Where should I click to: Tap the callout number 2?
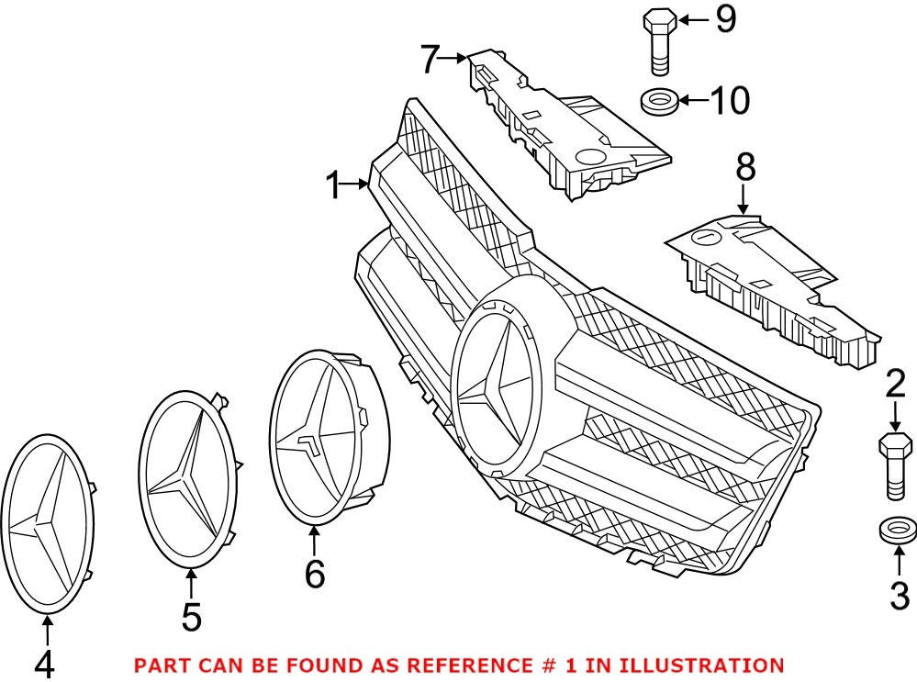pyautogui.click(x=895, y=385)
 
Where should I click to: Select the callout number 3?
pyautogui.click(x=898, y=596)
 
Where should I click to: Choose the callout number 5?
pyautogui.click(x=191, y=616)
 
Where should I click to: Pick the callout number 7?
pyautogui.click(x=432, y=60)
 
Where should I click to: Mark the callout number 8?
pyautogui.click(x=744, y=167)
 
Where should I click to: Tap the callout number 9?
pyautogui.click(x=725, y=18)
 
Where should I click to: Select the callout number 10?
pyautogui.click(x=730, y=100)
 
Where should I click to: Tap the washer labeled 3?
pyautogui.click(x=896, y=531)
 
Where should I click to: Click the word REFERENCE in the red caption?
pyautogui.click(x=415, y=665)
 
